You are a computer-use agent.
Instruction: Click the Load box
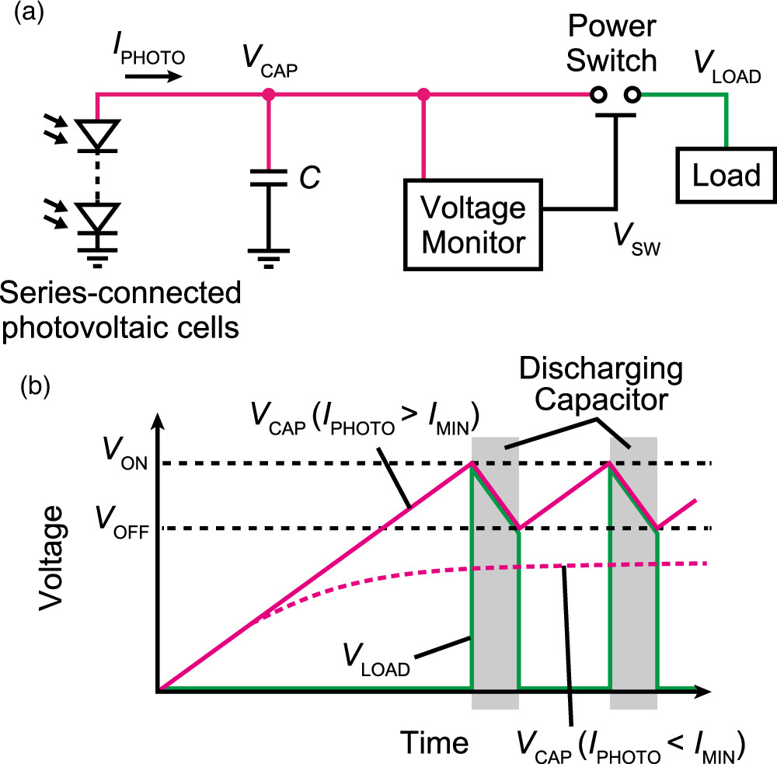click(726, 176)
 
